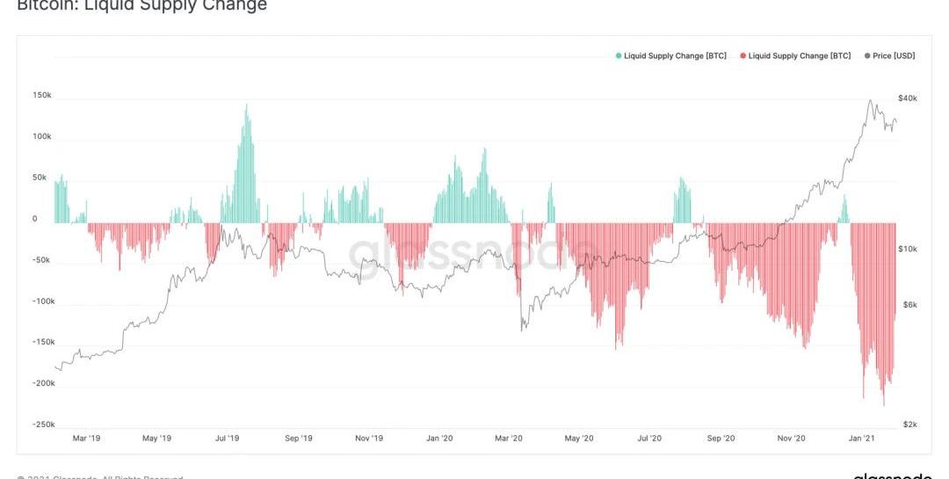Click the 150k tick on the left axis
click(x=42, y=96)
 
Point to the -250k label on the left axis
click(x=42, y=425)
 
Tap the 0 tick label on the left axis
click(x=35, y=219)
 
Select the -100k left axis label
click(x=42, y=301)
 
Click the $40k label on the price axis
click(x=908, y=98)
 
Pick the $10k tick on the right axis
click(x=908, y=249)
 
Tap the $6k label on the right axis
click(x=909, y=304)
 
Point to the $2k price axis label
click(x=909, y=425)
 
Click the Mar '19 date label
click(x=86, y=438)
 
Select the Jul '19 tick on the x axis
click(x=228, y=438)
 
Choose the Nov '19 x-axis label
click(x=369, y=438)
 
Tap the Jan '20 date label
click(x=438, y=438)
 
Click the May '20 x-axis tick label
click(x=579, y=438)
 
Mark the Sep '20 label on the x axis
click(x=721, y=438)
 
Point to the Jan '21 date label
click(x=861, y=438)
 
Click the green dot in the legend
click(x=619, y=56)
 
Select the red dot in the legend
click(x=743, y=56)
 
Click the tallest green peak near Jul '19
click(x=246, y=106)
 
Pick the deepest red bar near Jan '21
click(x=883, y=403)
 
